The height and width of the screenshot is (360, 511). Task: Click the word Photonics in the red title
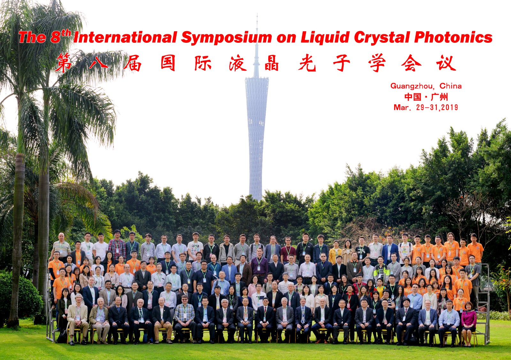pos(453,37)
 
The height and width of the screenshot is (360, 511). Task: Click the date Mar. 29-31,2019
pos(426,107)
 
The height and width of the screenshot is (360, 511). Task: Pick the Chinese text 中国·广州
pos(426,97)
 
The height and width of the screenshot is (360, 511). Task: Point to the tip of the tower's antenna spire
pos(257,14)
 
